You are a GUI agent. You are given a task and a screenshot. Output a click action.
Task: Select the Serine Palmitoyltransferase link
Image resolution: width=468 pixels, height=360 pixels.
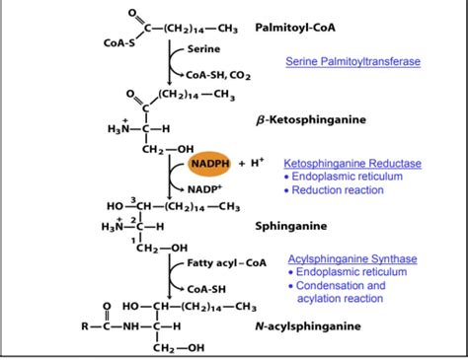[x=352, y=61]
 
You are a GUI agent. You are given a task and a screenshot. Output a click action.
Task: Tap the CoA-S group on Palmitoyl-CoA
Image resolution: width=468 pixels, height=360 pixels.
[x=121, y=43]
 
